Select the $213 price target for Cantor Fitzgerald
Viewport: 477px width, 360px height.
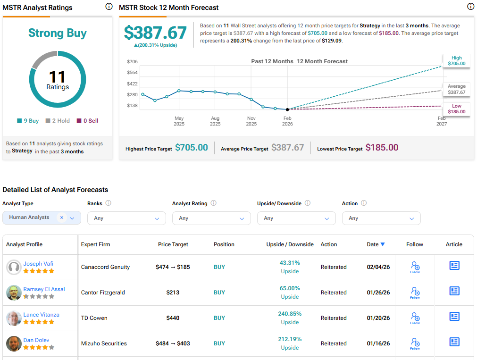(x=173, y=293)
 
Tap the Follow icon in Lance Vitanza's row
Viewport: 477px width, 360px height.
(x=415, y=318)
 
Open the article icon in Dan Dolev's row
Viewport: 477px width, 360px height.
(x=454, y=342)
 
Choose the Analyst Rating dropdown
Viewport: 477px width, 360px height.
(x=211, y=218)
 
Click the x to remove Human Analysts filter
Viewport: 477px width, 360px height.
(x=61, y=218)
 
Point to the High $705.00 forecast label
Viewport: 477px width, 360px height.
(x=456, y=60)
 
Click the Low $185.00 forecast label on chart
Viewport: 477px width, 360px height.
(x=456, y=109)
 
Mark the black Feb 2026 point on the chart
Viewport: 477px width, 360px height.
(x=287, y=109)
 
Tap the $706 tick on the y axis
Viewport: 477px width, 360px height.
(x=132, y=62)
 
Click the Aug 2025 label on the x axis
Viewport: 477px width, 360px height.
(x=215, y=121)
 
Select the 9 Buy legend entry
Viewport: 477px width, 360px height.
(x=28, y=121)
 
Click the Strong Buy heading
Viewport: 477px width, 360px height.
(x=57, y=33)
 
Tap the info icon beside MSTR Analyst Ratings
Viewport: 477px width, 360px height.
(x=109, y=7)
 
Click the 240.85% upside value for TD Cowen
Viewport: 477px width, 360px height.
(x=290, y=314)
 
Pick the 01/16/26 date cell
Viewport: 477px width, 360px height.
(x=378, y=343)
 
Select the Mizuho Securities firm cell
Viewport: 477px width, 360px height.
(x=104, y=343)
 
